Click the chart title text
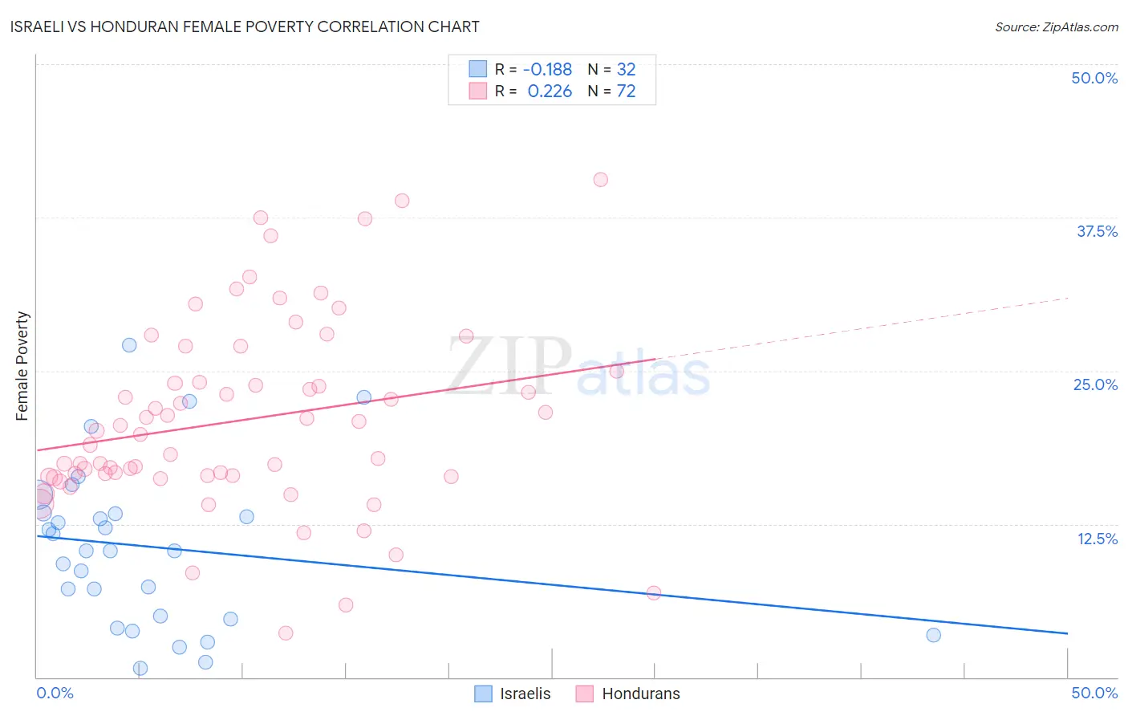click(x=245, y=26)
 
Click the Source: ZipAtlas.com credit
click(x=1056, y=26)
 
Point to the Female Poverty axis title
click(x=22, y=366)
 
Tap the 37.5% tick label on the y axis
click(x=1097, y=231)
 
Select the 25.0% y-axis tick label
click(x=1095, y=384)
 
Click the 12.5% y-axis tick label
click(x=1097, y=539)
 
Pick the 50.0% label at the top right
click(x=1094, y=78)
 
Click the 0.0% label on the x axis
click(x=55, y=693)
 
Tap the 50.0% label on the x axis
click(x=1094, y=693)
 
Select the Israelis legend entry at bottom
click(x=513, y=694)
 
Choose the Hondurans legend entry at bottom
click(x=628, y=694)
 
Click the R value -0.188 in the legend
click(x=548, y=70)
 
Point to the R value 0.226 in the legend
click(x=550, y=92)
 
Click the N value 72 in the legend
click(x=626, y=92)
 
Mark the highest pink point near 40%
click(x=601, y=180)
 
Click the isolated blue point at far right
click(x=933, y=635)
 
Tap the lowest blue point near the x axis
click(x=140, y=668)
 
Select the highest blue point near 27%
click(x=129, y=345)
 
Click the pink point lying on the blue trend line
click(x=654, y=593)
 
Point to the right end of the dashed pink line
click(x=1068, y=298)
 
